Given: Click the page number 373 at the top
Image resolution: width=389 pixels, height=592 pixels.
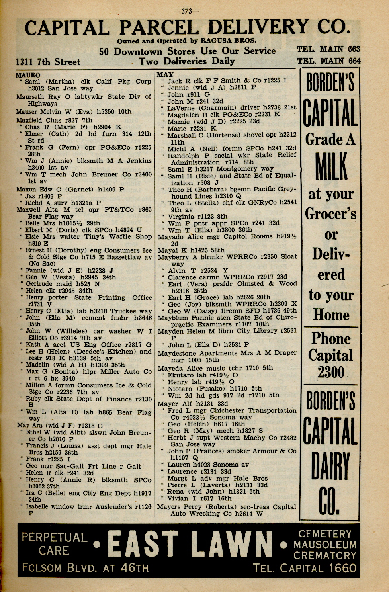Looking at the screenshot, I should [187, 11].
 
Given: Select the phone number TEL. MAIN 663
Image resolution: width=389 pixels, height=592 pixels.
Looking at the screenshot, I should [328, 49].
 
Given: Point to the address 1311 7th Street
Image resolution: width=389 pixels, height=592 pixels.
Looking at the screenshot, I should [48, 62].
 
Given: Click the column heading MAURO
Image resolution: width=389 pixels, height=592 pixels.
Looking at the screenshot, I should [28, 75].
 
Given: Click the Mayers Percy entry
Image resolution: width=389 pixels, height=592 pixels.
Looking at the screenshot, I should [179, 507].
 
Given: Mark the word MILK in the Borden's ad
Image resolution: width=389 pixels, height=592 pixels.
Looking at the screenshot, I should [331, 166].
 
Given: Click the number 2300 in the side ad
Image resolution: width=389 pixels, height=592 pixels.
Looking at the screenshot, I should [331, 373].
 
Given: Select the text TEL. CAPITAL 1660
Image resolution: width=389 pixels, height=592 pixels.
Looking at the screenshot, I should [305, 568].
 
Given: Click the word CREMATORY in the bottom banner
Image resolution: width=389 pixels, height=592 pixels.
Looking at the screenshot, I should [324, 555].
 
